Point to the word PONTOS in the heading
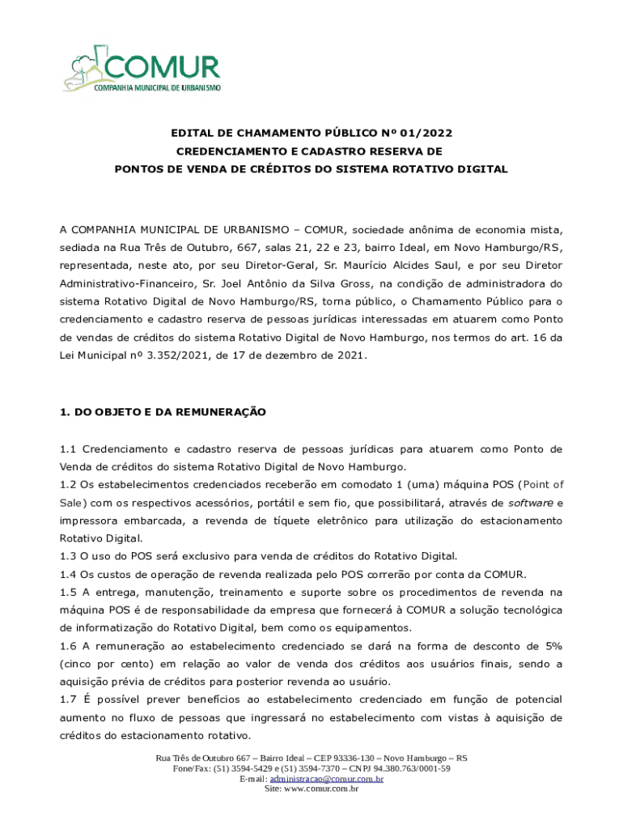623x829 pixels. (139, 169)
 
